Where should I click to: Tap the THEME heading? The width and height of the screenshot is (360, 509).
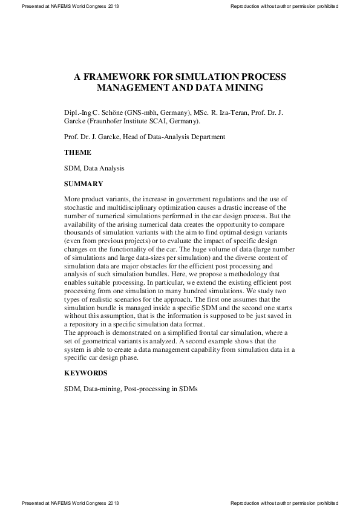click(77, 152)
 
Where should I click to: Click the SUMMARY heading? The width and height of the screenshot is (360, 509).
click(83, 184)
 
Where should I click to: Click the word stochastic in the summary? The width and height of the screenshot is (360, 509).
click(81, 207)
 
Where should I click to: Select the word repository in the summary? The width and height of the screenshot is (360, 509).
click(90, 323)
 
